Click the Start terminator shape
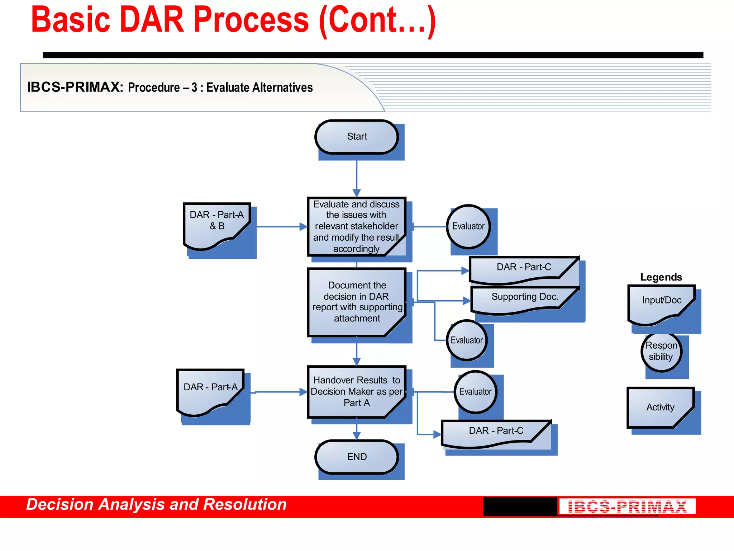357,137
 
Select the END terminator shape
357,457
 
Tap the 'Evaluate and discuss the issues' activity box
356,226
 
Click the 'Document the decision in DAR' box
356,302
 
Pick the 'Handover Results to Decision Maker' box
356,391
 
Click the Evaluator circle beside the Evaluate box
468,226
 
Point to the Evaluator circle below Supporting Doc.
467,340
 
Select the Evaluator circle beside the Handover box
475,392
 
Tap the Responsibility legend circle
661,352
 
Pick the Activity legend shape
661,408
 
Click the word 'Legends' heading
661,277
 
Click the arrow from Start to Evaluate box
357,178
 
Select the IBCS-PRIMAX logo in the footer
627,506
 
